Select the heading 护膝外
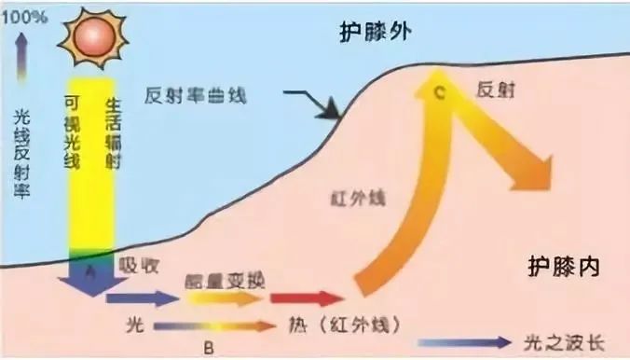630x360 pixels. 376,35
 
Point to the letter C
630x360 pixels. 440,91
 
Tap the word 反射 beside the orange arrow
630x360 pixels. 495,90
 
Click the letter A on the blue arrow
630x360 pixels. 91,270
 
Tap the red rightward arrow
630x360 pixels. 308,298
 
